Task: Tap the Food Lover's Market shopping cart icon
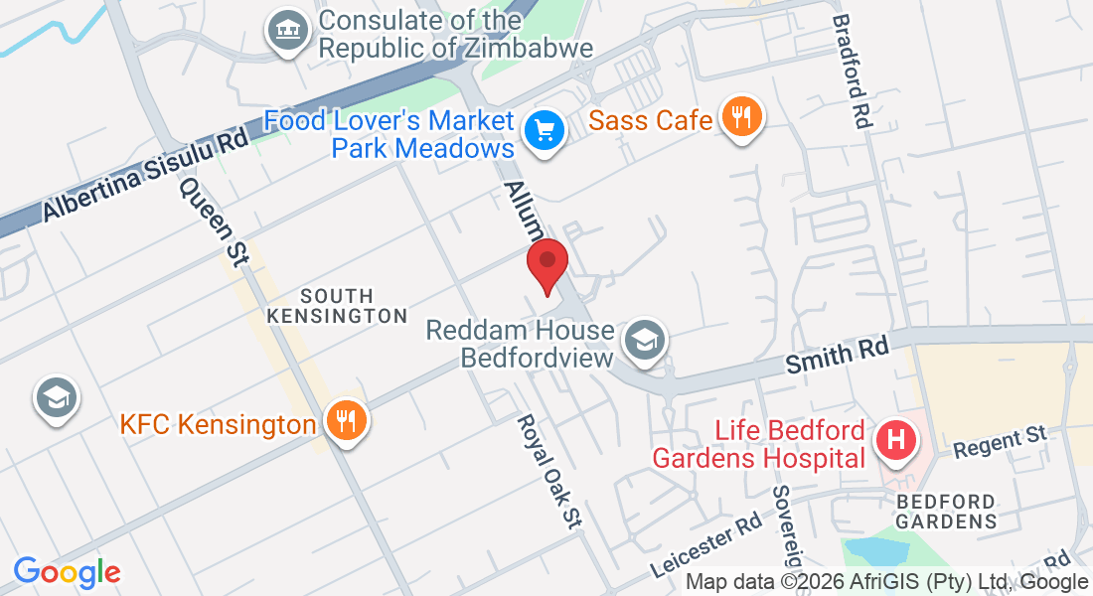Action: [x=544, y=130]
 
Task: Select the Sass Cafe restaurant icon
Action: [x=740, y=118]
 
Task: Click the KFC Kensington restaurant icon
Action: [x=345, y=421]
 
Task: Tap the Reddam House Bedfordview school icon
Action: [x=645, y=341]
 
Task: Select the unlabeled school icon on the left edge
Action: [x=57, y=398]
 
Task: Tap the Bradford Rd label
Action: [x=852, y=70]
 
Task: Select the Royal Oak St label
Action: [x=547, y=470]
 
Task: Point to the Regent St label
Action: [x=1001, y=442]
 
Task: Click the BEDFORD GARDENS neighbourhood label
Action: [x=946, y=511]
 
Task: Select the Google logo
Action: [x=67, y=571]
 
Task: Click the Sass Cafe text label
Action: [x=651, y=121]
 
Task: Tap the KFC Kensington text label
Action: [x=218, y=425]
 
